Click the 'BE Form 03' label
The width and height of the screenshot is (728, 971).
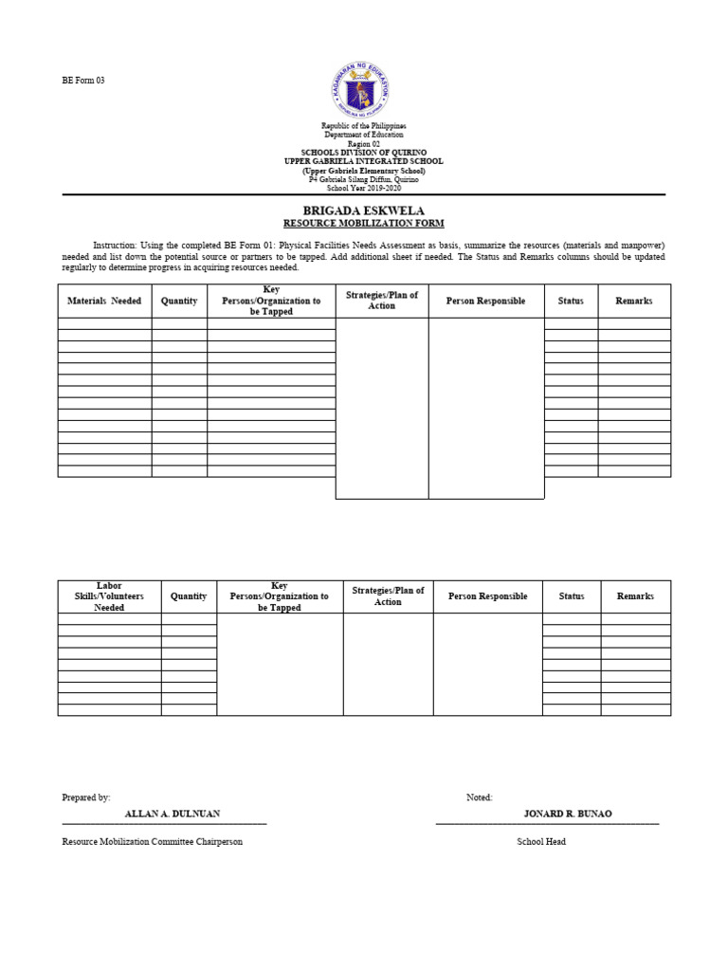(x=83, y=81)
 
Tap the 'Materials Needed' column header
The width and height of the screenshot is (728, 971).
(x=104, y=301)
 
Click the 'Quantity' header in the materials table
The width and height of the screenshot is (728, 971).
(x=179, y=301)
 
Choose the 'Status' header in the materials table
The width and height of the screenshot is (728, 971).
(x=571, y=301)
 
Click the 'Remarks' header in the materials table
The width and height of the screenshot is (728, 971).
(x=634, y=301)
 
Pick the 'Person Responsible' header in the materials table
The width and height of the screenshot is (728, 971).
(x=485, y=301)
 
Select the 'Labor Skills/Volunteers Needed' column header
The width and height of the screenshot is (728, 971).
(x=109, y=596)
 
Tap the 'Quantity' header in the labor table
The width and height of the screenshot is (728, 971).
(x=189, y=596)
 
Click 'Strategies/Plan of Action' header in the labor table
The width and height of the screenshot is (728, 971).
(x=388, y=595)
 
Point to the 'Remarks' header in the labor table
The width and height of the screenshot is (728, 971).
(x=635, y=596)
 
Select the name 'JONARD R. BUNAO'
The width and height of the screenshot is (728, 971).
(x=568, y=814)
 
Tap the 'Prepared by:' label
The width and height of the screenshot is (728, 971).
(x=86, y=798)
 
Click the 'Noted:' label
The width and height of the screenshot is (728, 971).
(x=479, y=798)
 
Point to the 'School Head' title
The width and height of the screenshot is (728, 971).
(x=541, y=842)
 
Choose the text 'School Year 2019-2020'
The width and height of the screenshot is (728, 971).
(x=364, y=188)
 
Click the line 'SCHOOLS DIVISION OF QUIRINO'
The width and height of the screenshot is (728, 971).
(x=364, y=153)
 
